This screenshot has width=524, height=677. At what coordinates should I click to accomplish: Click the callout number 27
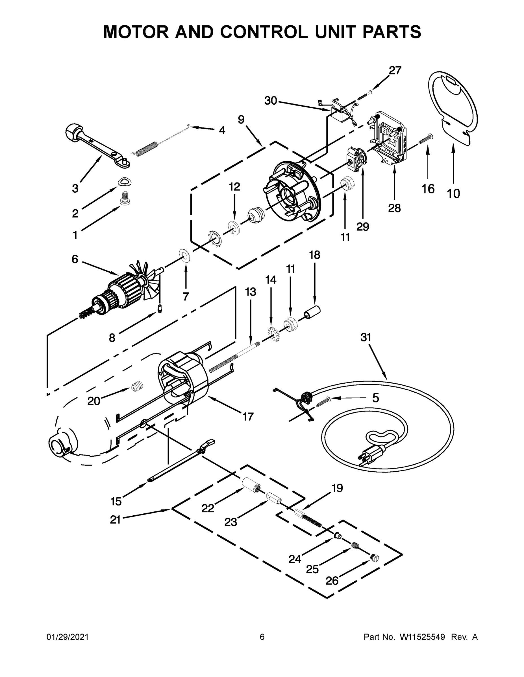395,71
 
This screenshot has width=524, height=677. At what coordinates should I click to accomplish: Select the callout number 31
366,337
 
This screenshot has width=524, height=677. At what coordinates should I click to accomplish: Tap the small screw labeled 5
323,402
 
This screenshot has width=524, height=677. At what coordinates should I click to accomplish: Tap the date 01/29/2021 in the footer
67,637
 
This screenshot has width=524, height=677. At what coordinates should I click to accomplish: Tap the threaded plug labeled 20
136,386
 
